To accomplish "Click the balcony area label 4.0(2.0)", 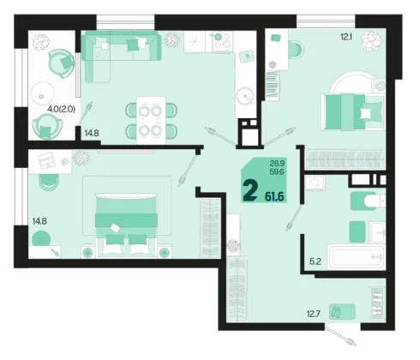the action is pos(61,109).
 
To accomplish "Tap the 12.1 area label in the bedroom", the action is pos(346,37).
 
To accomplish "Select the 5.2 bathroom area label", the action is pos(315,261).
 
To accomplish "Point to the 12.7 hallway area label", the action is pos(314,314).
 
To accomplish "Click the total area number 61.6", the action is pos(274,196).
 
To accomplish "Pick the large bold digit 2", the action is pos(250,192).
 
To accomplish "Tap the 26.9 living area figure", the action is pos(277,164).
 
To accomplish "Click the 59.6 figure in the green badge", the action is pos(277,171).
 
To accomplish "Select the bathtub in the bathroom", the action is pos(356,257).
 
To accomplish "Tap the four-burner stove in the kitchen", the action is pos(222,42).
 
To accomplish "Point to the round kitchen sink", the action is pos(245,96).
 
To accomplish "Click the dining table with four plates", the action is pos(151,120).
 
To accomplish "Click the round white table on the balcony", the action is pos(43,93).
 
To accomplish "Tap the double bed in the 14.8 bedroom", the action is pos(126,225).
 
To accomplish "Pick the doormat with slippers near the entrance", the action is pos(342,311).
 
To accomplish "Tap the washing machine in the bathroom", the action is pos(315,183).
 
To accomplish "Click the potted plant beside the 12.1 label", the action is pos(371,41).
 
